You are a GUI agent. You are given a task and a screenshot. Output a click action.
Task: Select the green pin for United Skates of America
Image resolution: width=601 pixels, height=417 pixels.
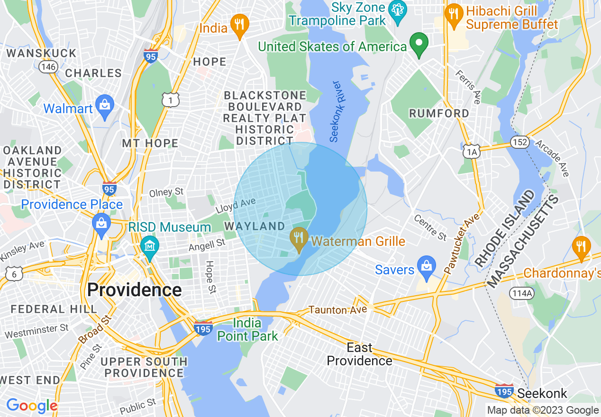pos(419,44)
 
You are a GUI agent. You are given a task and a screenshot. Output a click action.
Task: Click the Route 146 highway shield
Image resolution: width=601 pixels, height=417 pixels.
pos(48,66)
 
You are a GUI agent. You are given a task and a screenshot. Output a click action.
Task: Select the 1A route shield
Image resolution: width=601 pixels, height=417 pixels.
pos(471,151)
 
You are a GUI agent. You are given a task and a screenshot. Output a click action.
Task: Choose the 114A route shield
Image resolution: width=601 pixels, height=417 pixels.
pos(522,293)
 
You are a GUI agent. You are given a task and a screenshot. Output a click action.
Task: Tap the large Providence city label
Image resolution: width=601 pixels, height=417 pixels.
pos(135,290)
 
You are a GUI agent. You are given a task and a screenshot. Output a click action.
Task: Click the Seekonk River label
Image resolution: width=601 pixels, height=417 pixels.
pos(336,112)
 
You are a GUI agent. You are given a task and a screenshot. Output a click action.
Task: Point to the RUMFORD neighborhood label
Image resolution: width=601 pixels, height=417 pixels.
pos(439,113)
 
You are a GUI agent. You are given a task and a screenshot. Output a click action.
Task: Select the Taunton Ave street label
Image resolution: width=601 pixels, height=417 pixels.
pos(337,309)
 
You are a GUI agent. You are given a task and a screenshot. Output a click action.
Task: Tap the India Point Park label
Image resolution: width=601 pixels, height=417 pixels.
pos(247,330)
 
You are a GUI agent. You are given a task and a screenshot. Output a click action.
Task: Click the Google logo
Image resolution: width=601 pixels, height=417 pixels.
pos(32,406)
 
